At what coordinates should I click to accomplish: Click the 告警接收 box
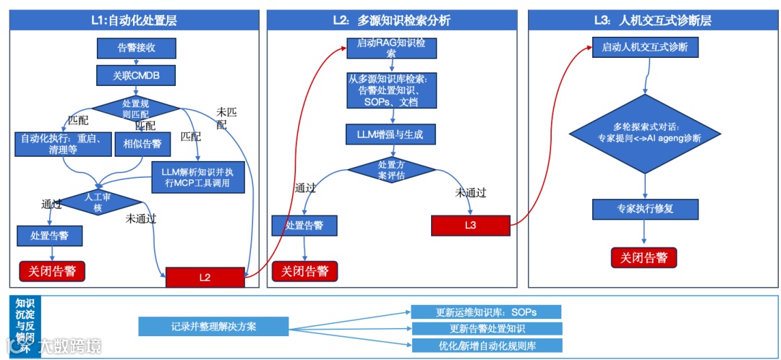click(136, 48)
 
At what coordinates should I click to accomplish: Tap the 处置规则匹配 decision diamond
click(136, 109)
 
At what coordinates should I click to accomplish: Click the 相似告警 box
click(142, 144)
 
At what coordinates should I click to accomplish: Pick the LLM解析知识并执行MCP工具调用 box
click(198, 177)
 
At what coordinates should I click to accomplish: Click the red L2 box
click(205, 277)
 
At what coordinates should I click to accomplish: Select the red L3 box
click(471, 225)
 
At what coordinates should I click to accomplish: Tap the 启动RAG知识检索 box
click(390, 48)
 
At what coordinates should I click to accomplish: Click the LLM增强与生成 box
click(390, 134)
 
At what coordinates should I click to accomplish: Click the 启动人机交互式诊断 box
click(644, 48)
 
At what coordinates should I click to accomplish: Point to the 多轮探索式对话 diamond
click(644, 133)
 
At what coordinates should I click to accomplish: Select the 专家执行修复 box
click(644, 209)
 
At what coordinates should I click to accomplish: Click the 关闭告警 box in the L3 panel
click(644, 257)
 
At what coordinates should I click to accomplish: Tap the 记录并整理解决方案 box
click(213, 327)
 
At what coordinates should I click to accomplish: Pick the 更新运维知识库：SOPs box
click(486, 312)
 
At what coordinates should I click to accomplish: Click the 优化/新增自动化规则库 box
click(486, 346)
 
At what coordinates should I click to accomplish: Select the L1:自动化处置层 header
click(134, 20)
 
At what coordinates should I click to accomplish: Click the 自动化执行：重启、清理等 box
click(61, 144)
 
